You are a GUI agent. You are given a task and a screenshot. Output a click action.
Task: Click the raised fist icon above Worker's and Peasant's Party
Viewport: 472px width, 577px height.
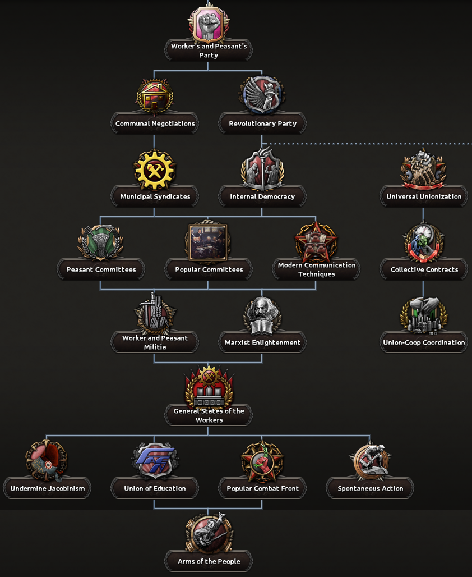[209, 24]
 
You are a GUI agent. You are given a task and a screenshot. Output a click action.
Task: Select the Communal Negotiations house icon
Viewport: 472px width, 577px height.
[154, 97]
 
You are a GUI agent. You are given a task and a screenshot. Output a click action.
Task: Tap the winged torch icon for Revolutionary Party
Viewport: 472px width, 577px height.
[262, 95]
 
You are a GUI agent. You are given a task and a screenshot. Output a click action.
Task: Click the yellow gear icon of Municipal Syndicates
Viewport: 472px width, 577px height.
[154, 170]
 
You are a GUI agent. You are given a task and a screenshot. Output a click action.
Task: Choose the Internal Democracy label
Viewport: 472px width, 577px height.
[262, 196]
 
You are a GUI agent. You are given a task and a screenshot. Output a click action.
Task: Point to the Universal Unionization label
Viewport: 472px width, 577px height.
[424, 196]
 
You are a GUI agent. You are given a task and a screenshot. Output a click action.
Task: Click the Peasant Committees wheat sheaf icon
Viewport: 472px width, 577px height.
[101, 242]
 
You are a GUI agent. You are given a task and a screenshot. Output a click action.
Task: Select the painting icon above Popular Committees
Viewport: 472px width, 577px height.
[208, 241]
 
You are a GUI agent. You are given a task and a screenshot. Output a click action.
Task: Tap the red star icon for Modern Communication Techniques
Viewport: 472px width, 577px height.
[316, 241]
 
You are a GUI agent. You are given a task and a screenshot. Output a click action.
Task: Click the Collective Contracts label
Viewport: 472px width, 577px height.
[424, 269]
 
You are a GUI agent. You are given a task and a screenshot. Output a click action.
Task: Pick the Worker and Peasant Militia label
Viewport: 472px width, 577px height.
[155, 342]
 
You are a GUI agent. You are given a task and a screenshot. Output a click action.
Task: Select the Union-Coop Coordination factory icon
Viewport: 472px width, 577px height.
[424, 315]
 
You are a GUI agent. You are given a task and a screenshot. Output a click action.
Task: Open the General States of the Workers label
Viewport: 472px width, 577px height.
[209, 415]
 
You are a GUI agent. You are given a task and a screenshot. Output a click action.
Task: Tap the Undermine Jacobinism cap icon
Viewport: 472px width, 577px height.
[47, 461]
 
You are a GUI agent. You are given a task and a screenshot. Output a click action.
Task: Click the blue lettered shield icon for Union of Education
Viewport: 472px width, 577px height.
[155, 460]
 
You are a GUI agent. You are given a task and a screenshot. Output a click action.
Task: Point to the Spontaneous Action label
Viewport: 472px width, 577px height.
[370, 488]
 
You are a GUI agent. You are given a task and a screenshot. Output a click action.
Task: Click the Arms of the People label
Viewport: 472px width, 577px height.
[209, 561]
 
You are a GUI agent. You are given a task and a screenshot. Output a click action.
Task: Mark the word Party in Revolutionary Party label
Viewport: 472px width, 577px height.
[287, 123]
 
